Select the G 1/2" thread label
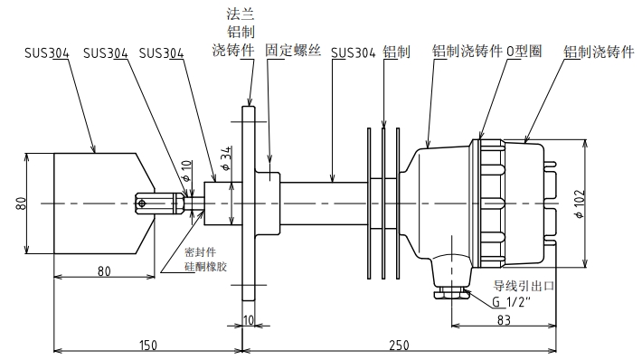(513, 300)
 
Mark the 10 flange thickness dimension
(250, 319)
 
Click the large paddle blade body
(95, 201)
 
